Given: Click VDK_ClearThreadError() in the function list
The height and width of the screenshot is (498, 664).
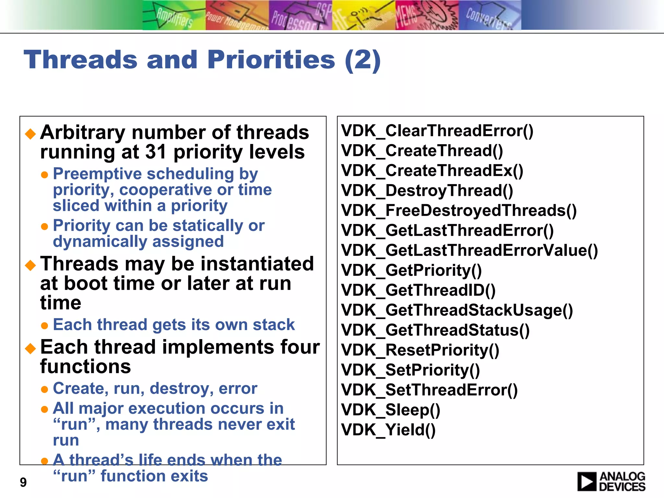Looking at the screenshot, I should click(437, 131).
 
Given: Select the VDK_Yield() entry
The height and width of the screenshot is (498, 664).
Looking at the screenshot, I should click(388, 430).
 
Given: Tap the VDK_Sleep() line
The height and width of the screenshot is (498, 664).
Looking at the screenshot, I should click(391, 410).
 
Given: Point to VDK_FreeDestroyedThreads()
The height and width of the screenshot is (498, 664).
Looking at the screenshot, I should click(459, 211).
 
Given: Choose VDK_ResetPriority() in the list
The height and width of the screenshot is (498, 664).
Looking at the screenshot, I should click(420, 350).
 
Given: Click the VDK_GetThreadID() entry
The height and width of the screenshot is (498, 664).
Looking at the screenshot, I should click(418, 290).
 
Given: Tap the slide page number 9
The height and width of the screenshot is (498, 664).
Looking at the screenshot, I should click(23, 482).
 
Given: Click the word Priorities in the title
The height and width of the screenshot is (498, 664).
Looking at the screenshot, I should click(271, 60).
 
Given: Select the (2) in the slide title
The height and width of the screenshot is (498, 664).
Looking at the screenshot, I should click(362, 60).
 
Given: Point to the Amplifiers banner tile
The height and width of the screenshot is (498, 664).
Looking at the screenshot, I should click(174, 15).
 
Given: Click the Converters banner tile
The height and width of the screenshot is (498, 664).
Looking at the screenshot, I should click(490, 15).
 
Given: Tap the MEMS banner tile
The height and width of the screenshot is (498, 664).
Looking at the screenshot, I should click(427, 15).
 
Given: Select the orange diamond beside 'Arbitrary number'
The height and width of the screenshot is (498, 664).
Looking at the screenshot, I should click(30, 133).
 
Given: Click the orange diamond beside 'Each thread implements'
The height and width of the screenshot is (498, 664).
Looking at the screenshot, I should click(30, 348).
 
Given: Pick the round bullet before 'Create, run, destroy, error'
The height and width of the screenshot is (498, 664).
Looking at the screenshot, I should click(45, 389).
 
